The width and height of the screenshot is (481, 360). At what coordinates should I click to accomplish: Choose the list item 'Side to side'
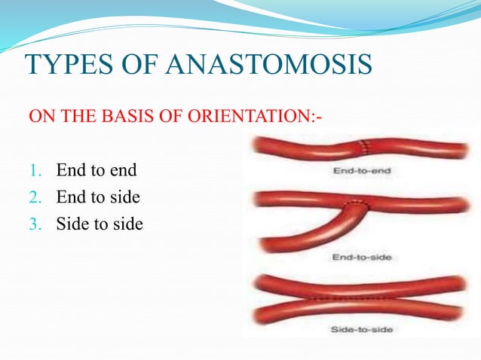coord(99,224)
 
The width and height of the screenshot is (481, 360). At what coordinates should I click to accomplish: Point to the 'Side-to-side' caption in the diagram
coord(363,329)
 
